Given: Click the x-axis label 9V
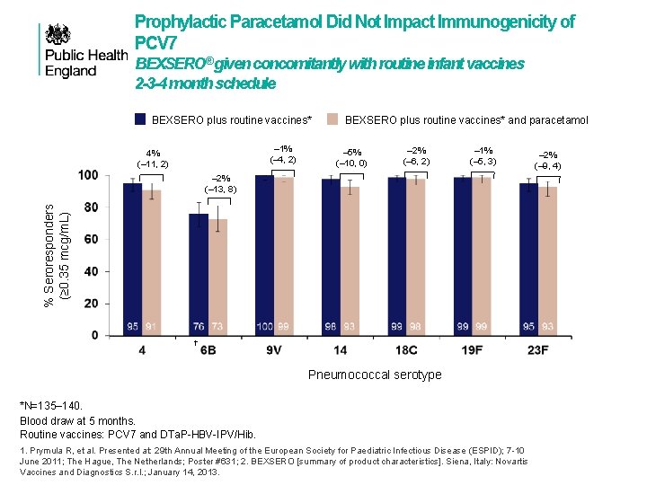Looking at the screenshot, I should (275, 349).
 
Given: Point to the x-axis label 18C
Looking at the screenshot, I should (407, 349).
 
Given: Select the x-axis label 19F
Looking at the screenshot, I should (473, 349).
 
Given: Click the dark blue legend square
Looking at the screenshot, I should (140, 119).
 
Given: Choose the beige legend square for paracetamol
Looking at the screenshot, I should (332, 119).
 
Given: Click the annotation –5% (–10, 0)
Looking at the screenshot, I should (351, 157).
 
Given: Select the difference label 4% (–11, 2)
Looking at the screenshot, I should (152, 158).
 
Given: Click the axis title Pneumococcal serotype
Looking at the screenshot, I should (375, 375).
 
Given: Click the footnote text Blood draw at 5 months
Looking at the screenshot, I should (77, 420).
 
